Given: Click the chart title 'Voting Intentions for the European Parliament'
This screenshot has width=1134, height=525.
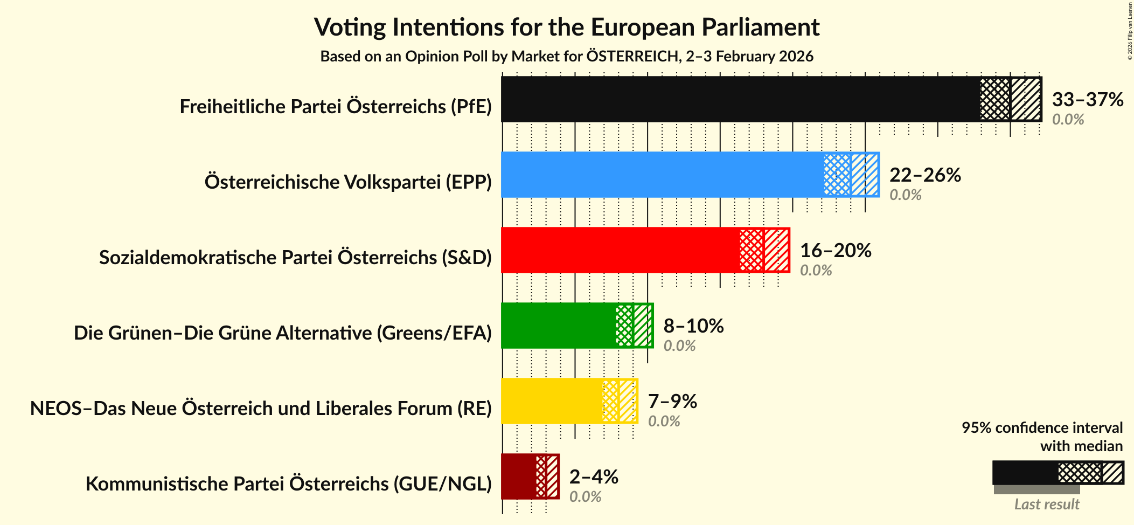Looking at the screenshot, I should pos(567,27).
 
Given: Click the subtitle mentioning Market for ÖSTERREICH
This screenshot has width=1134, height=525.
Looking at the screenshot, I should pos(567,57).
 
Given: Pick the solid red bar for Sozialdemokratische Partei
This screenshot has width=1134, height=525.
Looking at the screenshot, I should pos(620,250).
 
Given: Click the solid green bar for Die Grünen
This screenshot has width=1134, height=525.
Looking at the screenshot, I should pos(558,326).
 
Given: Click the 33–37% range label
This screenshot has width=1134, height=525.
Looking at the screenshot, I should pos(1087,100).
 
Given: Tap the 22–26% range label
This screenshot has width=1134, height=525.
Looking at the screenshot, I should pos(925,175).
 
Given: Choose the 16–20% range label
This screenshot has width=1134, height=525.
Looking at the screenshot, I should pos(835,251).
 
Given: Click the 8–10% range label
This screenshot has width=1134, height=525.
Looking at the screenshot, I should pos(693,326).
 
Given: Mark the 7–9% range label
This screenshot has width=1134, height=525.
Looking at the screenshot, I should pos(672,402).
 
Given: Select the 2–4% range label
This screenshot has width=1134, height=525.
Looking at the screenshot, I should pos(594,477).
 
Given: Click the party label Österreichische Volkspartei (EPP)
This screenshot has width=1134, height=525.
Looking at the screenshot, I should pos(348,182).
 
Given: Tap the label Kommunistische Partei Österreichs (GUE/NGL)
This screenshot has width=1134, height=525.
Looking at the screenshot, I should pos(288,484).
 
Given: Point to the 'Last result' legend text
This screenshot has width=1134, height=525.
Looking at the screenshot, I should pos(1047,504).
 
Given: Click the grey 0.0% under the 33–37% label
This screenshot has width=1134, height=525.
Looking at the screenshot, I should pos(1068,119).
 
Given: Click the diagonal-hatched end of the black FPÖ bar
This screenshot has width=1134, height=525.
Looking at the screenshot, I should pos(1025,99).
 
